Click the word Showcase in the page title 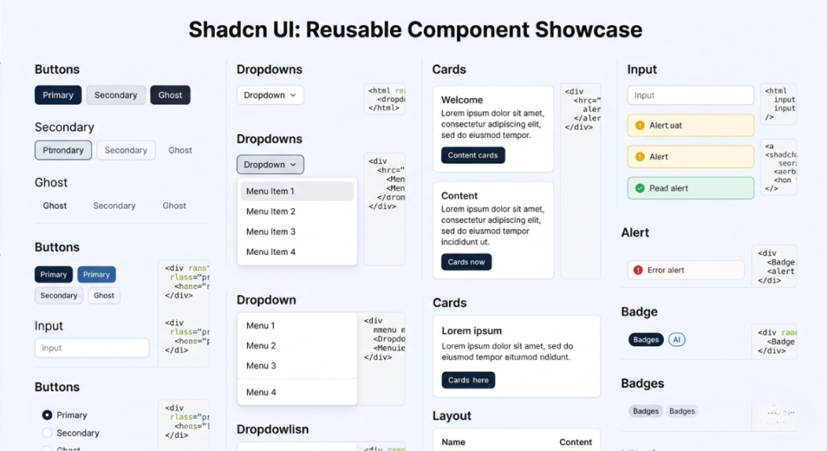pyautogui.click(x=589, y=30)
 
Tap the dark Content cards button pyautogui.click(x=472, y=155)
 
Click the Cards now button pyautogui.click(x=466, y=261)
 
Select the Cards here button pyautogui.click(x=468, y=380)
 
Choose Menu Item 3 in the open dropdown pyautogui.click(x=271, y=232)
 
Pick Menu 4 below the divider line pyautogui.click(x=261, y=392)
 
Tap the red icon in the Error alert pyautogui.click(x=638, y=270)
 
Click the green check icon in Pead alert pyautogui.click(x=640, y=188)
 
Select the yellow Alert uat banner pyautogui.click(x=691, y=125)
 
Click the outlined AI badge pyautogui.click(x=677, y=340)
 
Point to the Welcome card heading pyautogui.click(x=462, y=100)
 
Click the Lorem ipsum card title pyautogui.click(x=472, y=331)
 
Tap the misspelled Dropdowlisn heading pyautogui.click(x=272, y=429)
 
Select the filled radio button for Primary pyautogui.click(x=48, y=415)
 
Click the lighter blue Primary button pyautogui.click(x=96, y=274)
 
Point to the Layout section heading pyautogui.click(x=451, y=416)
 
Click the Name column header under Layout pyautogui.click(x=453, y=442)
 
